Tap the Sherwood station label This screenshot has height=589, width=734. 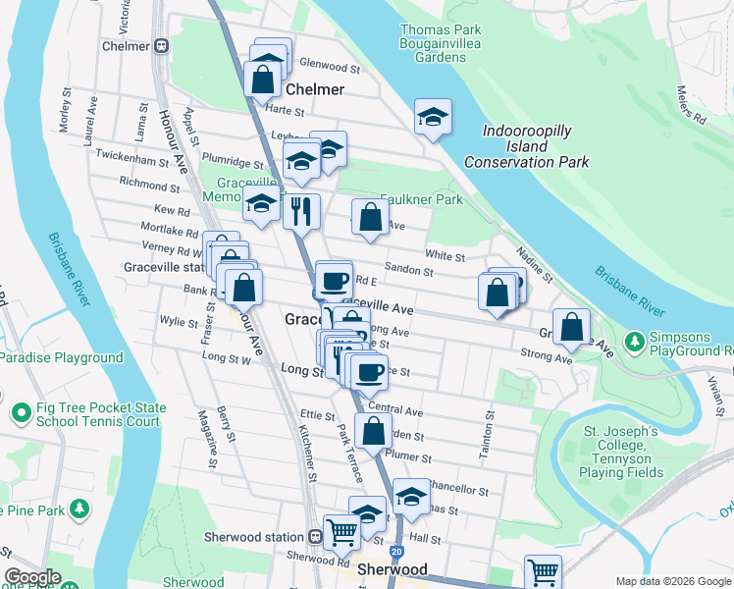(x=253, y=536)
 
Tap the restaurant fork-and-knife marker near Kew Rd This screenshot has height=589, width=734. (x=301, y=210)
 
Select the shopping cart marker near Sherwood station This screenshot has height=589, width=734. (x=341, y=532)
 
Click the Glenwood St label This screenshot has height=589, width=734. (x=331, y=67)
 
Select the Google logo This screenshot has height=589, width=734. (x=32, y=577)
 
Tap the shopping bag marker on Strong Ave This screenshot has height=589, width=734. (x=571, y=328)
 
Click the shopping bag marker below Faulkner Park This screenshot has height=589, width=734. (x=370, y=218)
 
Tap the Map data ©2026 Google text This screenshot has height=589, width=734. (x=671, y=580)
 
